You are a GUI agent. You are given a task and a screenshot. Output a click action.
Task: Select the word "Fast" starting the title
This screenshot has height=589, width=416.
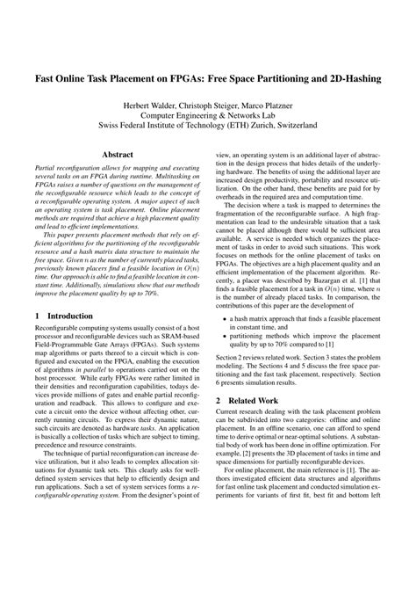pyautogui.click(x=47, y=78)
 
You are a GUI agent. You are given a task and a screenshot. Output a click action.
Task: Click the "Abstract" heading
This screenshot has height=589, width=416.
pyautogui.click(x=118, y=153)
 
